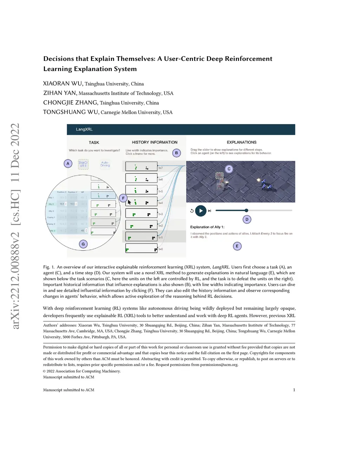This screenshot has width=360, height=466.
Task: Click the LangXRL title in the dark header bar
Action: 84,129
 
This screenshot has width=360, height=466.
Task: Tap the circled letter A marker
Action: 68,164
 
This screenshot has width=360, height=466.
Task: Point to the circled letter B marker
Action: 176,153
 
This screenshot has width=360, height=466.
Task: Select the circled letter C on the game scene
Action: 229,169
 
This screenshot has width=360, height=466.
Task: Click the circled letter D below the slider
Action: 247,219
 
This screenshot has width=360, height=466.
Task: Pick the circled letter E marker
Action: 237,246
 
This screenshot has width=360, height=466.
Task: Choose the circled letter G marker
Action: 83,244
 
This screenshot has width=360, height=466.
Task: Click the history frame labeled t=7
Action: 141,167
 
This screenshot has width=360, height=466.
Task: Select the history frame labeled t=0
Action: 141,248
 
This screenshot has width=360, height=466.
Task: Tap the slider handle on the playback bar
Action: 246,210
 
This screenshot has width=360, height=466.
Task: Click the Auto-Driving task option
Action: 105,164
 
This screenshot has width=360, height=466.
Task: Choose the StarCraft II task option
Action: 83,164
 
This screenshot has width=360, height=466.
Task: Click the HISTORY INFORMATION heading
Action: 155,142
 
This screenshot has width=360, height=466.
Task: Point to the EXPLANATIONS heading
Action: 242,142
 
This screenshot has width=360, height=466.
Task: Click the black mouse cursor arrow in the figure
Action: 129,202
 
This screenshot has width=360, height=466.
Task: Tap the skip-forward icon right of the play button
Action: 210,211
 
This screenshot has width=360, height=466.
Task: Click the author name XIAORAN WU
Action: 63,84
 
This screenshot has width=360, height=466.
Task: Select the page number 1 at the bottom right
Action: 294,390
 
